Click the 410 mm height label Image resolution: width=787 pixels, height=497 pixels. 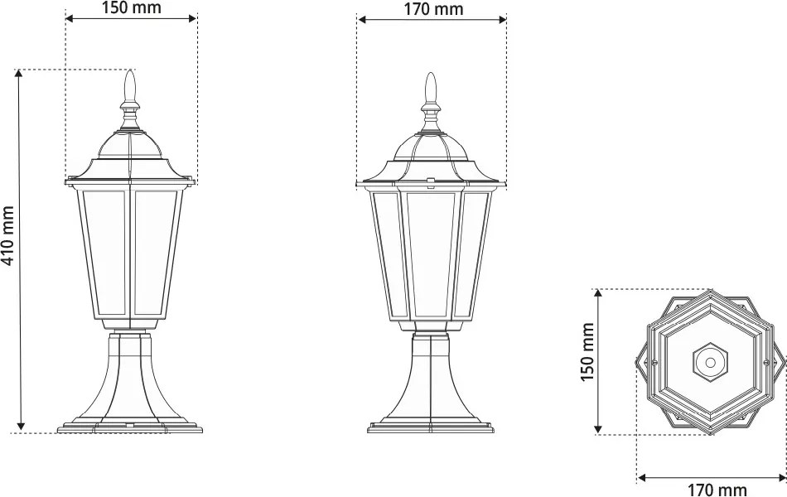tap(8, 235)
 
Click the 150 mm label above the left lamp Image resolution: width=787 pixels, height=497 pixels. tap(132, 8)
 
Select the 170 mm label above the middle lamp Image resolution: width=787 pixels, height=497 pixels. tap(433, 9)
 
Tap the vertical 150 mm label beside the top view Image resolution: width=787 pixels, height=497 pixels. tap(587, 352)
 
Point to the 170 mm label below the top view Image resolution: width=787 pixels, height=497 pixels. tap(717, 489)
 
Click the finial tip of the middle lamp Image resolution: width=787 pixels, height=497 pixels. tap(431, 75)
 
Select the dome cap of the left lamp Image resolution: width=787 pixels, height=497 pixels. tap(130, 145)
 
